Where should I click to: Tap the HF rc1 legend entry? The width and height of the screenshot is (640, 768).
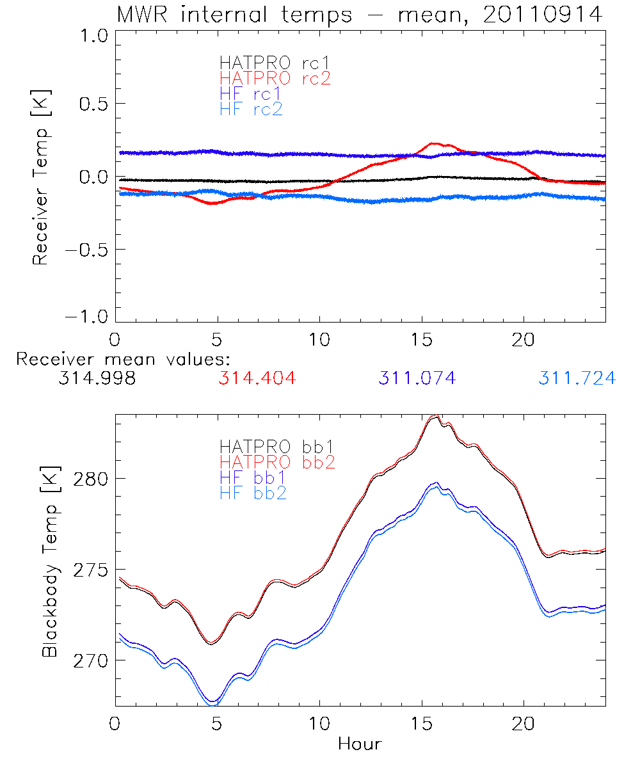click(251, 94)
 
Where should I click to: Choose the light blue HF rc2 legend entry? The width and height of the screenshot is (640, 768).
click(251, 109)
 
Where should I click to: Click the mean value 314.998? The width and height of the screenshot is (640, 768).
click(97, 378)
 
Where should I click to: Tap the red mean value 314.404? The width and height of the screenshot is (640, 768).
click(257, 378)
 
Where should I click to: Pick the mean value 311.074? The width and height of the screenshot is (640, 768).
click(417, 378)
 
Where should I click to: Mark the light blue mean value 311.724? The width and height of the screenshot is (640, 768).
click(577, 378)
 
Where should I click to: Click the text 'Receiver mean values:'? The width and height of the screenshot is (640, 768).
click(123, 359)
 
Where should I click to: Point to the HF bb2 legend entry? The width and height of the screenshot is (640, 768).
click(253, 493)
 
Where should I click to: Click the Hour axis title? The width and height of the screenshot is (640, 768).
click(360, 744)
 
